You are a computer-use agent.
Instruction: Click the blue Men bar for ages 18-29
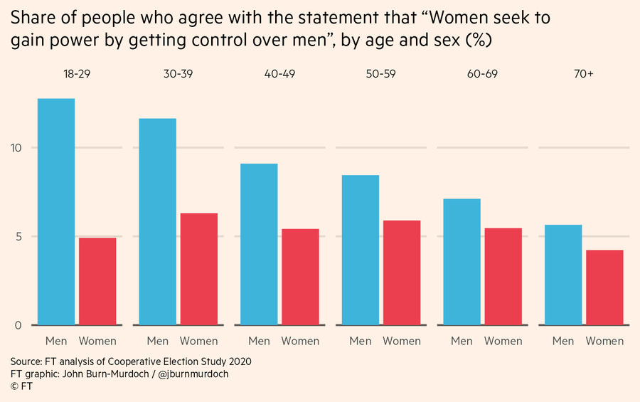click(x=56, y=211)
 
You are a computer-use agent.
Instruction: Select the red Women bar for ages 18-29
click(x=97, y=281)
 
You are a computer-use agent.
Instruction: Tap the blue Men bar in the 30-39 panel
click(x=158, y=221)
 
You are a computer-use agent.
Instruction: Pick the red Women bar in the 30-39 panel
click(x=199, y=269)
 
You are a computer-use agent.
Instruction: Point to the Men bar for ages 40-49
click(x=260, y=244)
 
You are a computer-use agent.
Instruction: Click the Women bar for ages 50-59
click(x=402, y=273)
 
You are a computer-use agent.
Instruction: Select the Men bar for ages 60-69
click(x=462, y=262)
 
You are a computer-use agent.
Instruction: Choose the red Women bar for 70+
click(x=604, y=287)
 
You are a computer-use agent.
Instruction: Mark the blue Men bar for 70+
click(x=563, y=275)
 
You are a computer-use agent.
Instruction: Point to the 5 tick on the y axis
click(x=18, y=236)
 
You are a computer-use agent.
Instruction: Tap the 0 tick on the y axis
click(x=18, y=325)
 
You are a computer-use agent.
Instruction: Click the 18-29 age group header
click(x=77, y=74)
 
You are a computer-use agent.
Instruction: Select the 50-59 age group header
click(x=381, y=74)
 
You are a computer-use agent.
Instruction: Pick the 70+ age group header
click(x=584, y=74)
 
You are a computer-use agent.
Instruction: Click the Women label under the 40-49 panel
click(x=300, y=342)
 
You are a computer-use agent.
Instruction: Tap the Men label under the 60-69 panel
click(x=462, y=342)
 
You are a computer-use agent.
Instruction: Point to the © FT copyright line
click(x=21, y=386)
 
